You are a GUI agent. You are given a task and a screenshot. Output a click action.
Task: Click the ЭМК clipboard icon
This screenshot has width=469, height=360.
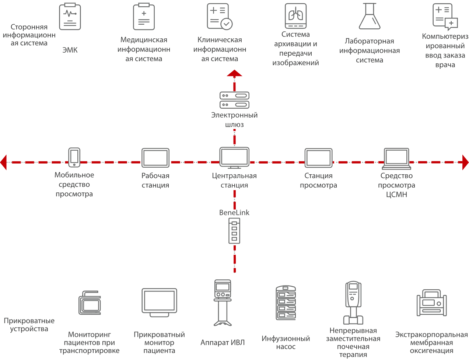[70, 17]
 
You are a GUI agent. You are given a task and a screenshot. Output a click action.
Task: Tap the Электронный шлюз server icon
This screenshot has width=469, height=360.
[234, 100]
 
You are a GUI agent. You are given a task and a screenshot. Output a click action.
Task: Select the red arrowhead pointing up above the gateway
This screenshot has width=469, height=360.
[234, 73]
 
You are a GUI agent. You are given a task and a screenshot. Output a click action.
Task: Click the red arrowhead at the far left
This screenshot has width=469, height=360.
[3, 162]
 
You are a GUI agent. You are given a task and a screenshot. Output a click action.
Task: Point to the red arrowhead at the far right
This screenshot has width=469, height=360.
[465, 162]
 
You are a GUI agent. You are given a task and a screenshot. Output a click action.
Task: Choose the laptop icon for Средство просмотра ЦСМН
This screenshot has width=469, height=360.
[396, 158]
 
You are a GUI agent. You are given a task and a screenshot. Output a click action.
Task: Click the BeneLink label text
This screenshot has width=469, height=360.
[234, 213]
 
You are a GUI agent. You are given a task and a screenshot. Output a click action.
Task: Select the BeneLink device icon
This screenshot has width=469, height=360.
[234, 231]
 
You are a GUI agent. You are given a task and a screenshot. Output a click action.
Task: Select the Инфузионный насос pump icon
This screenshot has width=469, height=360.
[286, 303]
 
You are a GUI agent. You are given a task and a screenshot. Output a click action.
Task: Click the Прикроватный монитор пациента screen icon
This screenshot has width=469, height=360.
[159, 303]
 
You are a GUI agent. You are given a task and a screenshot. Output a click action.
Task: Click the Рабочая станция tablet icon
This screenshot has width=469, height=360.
[155, 158]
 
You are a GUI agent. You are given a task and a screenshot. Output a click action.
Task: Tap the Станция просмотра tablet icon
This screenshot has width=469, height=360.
[318, 158]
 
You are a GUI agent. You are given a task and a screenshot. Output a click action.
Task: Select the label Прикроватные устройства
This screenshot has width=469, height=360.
[29, 325]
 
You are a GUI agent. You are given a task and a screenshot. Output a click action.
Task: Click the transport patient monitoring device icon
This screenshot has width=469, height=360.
[90, 303]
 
